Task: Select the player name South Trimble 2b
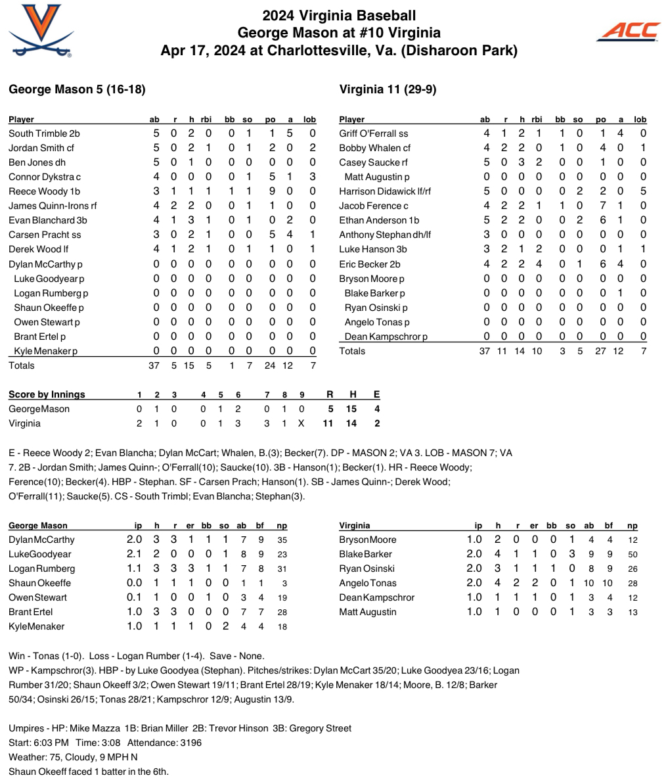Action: tap(44, 133)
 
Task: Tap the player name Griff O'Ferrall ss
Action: tap(373, 133)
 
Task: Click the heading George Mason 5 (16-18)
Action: tap(77, 89)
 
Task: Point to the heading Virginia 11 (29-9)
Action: tap(388, 89)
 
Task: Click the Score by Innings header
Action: tap(47, 394)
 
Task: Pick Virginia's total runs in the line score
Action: tap(328, 423)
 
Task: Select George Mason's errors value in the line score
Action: tap(376, 409)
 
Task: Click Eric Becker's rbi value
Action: tap(538, 264)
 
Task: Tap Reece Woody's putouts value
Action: tap(270, 191)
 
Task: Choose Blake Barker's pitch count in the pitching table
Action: tap(633, 554)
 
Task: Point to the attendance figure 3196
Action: tap(189, 743)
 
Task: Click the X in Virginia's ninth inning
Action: tap(301, 423)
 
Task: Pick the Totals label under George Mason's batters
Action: tap(22, 365)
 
